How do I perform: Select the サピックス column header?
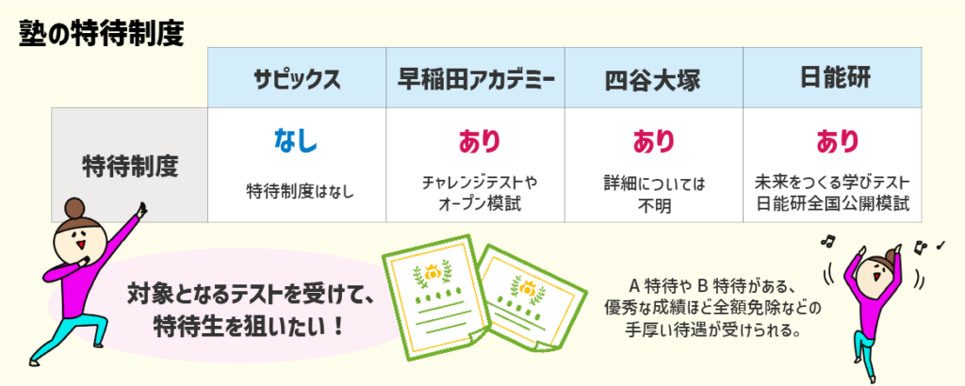(x=297, y=78)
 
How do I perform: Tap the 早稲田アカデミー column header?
(x=475, y=78)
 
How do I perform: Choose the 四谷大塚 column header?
(x=653, y=78)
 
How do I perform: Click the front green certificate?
(x=430, y=292)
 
